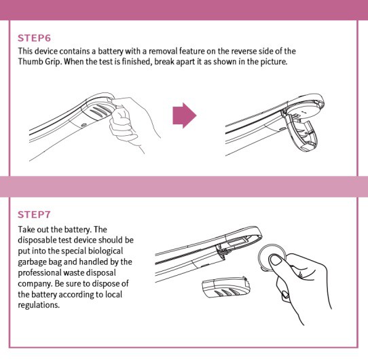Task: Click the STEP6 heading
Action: point(34,38)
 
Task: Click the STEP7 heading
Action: point(34,215)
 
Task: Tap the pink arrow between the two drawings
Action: point(185,115)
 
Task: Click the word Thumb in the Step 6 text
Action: point(29,62)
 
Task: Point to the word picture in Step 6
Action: point(274,62)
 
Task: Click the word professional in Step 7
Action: point(40,273)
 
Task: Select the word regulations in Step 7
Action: point(39,305)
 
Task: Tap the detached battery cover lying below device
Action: point(225,287)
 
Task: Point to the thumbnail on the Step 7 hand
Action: point(276,261)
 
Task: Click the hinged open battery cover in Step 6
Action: point(302,132)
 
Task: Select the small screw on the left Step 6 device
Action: point(84,125)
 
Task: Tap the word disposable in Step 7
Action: point(37,240)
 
